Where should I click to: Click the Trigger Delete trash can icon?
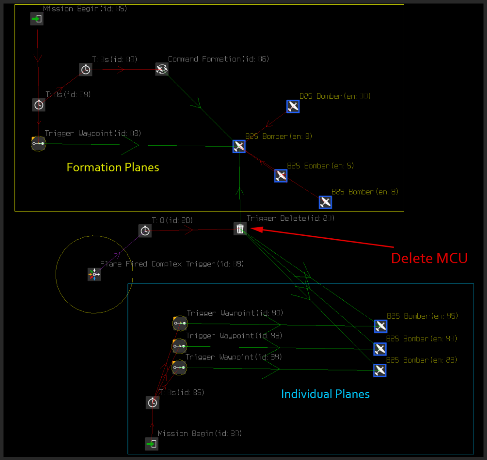[240, 228]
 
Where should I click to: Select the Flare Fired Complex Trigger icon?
[94, 274]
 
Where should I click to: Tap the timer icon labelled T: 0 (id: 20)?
[145, 230]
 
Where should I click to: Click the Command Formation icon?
[162, 69]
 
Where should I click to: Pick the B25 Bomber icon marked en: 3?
[239, 146]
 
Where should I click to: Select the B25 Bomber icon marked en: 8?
[325, 202]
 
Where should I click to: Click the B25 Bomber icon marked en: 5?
[281, 176]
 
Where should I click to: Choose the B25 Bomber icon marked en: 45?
[380, 326]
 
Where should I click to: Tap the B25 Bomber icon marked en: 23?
[380, 370]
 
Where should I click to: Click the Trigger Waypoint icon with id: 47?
[180, 323]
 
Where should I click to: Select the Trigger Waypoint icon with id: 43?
[179, 346]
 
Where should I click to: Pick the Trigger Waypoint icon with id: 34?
[179, 367]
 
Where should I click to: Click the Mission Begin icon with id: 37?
[152, 444]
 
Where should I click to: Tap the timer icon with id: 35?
[153, 402]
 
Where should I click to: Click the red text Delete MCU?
[429, 258]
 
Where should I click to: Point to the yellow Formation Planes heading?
[113, 167]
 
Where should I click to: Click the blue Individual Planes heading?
[325, 394]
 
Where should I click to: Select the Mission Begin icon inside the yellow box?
[37, 19]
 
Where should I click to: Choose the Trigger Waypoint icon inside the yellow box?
[38, 144]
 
